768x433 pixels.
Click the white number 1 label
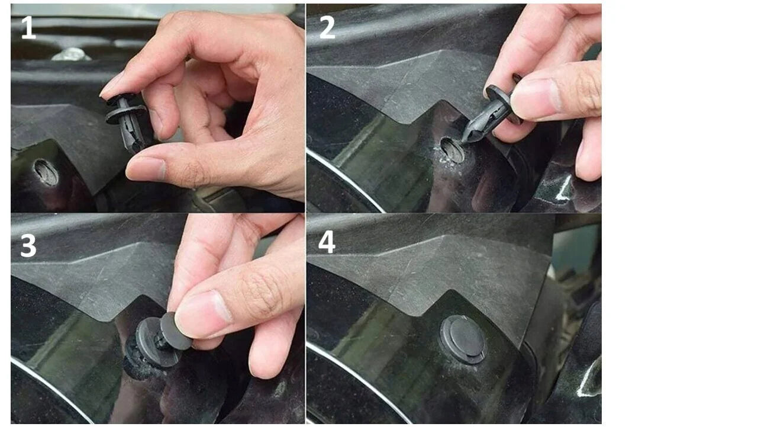tap(28, 27)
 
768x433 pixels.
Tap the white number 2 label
tap(327, 27)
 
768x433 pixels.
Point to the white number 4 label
tap(327, 242)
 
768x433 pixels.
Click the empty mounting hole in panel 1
tap(46, 172)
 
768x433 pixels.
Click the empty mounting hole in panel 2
tap(452, 150)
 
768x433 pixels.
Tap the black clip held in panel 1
tap(126, 122)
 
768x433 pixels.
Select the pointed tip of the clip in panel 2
tap(464, 140)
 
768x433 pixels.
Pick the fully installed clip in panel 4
tap(463, 339)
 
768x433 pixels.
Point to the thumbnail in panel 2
tap(535, 100)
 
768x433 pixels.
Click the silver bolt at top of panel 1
tap(72, 54)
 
